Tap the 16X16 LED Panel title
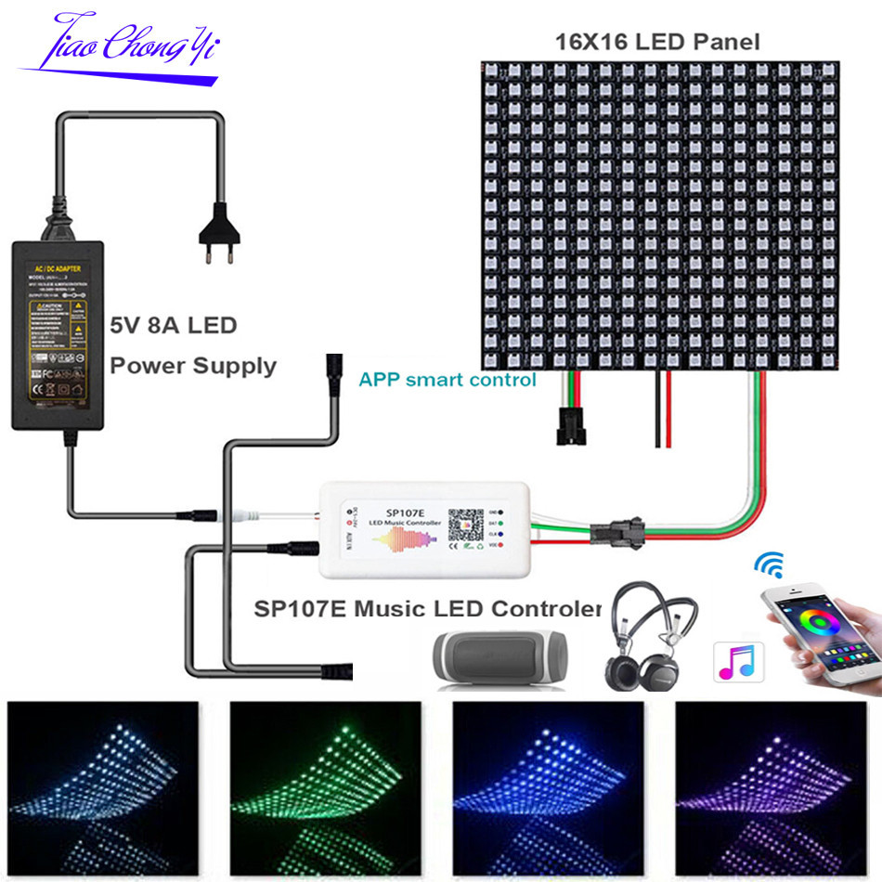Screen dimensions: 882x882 pyautogui.click(x=657, y=42)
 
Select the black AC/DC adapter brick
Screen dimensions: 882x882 pyautogui.click(x=58, y=334)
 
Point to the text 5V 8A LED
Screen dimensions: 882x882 pyautogui.click(x=174, y=326)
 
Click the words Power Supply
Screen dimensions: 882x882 pyautogui.click(x=193, y=365)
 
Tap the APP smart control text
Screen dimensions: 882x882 pyautogui.click(x=447, y=379)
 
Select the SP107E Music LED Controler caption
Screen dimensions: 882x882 pyautogui.click(x=427, y=609)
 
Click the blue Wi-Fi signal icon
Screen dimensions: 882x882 pyautogui.click(x=769, y=564)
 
